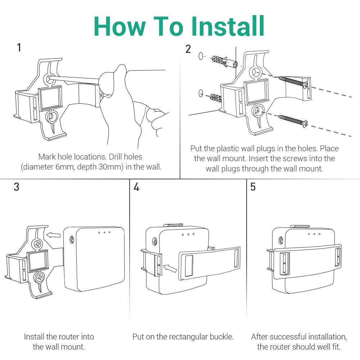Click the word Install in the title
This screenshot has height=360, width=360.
pos(228,26)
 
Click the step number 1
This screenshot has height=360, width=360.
pos(19,48)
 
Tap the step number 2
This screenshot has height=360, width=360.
pos(188,49)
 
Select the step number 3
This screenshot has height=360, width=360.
pos(17,187)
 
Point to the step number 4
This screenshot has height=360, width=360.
pos(136,187)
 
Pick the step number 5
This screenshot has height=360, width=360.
pos(253,187)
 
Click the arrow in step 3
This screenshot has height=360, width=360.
pos(54,235)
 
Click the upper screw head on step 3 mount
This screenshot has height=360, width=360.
pos(38,244)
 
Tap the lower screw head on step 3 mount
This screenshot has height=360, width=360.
pos(39,277)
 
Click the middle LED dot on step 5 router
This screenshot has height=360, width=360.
pos(314,234)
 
